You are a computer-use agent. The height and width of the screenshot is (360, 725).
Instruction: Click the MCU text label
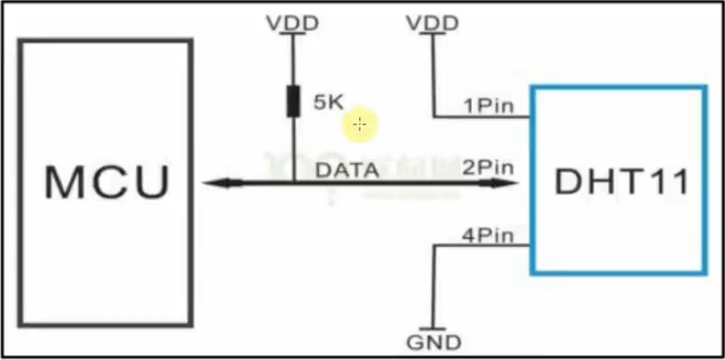pos(107,182)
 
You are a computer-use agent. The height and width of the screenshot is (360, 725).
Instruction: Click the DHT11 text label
pos(622,183)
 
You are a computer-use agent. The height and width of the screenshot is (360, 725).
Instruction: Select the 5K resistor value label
pos(329,102)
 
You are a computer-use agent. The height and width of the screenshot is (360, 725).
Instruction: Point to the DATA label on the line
pos(347,171)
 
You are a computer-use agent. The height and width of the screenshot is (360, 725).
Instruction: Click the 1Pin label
pos(488,106)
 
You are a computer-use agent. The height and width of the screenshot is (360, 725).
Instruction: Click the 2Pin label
pos(488,168)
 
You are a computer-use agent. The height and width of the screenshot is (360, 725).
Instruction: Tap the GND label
pos(434,343)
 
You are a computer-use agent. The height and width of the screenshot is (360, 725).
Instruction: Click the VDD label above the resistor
pos(292,24)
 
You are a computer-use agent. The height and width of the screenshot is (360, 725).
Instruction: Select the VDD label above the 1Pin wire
pos(433,24)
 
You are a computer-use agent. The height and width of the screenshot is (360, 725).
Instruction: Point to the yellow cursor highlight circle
pos(360,124)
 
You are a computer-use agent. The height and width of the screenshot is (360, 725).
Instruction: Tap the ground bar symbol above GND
pos(434,330)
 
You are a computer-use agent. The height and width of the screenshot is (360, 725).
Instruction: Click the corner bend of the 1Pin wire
pos(434,117)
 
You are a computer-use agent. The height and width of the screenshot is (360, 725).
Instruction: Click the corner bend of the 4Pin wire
pos(434,246)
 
